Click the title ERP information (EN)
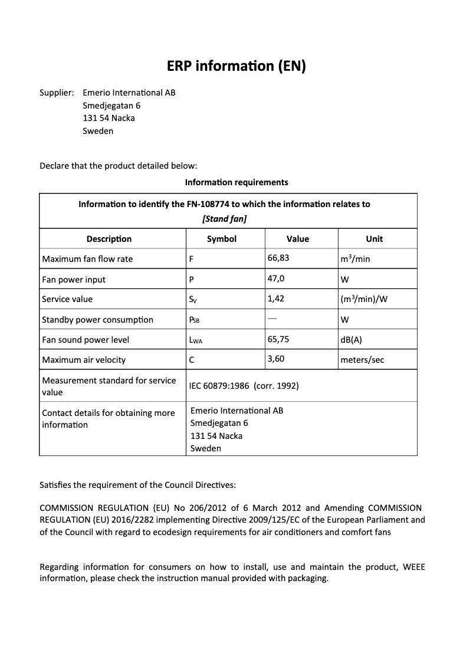click(236, 67)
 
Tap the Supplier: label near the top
click(57, 93)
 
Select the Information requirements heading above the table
click(236, 182)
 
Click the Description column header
click(109, 239)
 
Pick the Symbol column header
click(222, 239)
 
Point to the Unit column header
click(374, 239)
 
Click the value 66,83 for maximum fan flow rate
click(278, 258)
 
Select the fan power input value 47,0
click(276, 278)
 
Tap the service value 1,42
click(276, 299)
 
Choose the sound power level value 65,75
click(278, 339)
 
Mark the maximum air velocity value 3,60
click(276, 358)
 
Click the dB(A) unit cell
click(352, 340)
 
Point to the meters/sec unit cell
click(362, 360)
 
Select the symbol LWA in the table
click(196, 340)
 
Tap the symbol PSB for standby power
click(195, 320)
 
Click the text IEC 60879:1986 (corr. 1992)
click(244, 386)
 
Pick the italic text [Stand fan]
click(224, 219)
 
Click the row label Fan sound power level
click(86, 340)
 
